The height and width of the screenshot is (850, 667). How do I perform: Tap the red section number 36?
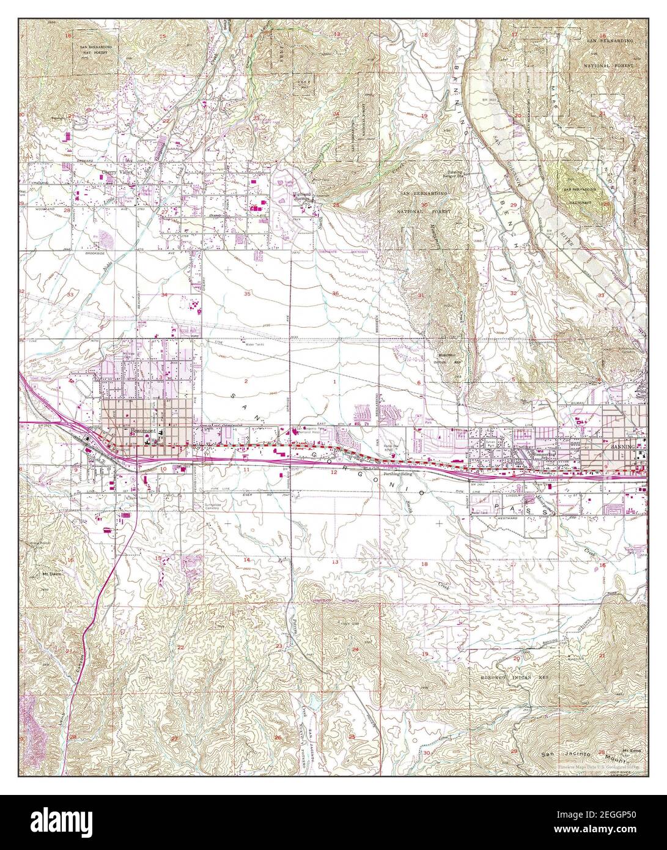335,294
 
